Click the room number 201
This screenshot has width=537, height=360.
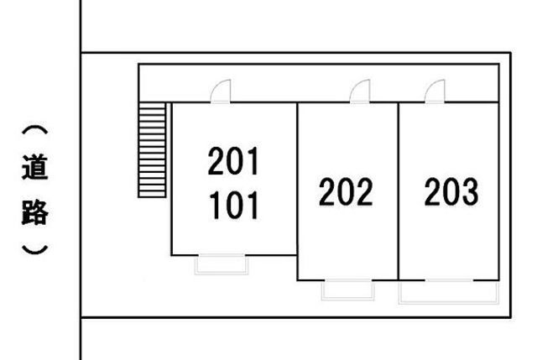[x=234, y=162]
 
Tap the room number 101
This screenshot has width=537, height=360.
[x=234, y=204]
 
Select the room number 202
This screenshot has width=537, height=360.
[x=346, y=192]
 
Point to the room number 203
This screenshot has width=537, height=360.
[x=451, y=192]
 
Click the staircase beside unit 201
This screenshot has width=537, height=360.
[x=150, y=150]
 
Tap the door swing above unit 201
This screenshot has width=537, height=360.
[x=220, y=91]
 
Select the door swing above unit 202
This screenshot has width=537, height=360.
[x=360, y=91]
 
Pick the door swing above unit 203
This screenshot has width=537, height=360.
[x=435, y=91]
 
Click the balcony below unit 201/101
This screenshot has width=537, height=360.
[x=222, y=264]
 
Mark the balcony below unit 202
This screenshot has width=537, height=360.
[x=348, y=290]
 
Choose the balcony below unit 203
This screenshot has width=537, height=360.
[x=449, y=291]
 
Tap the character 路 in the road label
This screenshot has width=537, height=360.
[x=34, y=212]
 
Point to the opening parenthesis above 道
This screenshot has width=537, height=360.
[x=34, y=132]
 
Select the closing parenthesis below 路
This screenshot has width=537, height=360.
[x=34, y=249]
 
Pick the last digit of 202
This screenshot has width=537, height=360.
[x=363, y=192]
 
